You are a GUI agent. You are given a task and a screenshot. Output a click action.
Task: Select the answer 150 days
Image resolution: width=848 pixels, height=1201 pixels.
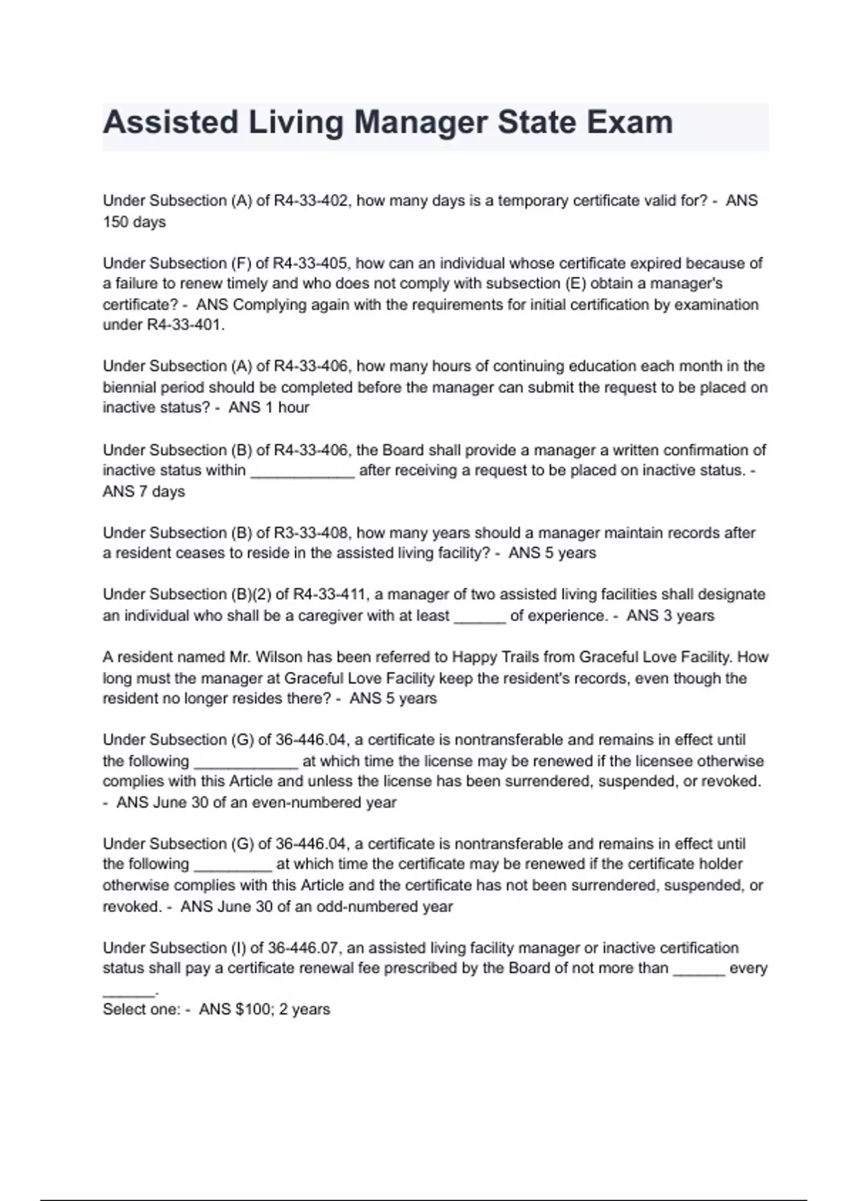pyautogui.click(x=134, y=222)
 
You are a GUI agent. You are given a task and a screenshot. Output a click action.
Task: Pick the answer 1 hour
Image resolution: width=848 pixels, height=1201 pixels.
pyautogui.click(x=287, y=408)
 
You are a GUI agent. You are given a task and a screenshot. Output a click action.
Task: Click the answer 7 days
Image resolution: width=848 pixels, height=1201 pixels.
pyautogui.click(x=161, y=492)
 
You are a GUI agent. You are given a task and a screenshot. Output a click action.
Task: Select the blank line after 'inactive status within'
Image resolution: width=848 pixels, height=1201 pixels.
pyautogui.click(x=302, y=471)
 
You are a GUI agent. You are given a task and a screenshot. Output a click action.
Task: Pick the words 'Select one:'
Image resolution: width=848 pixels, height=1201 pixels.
pyautogui.click(x=141, y=1010)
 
